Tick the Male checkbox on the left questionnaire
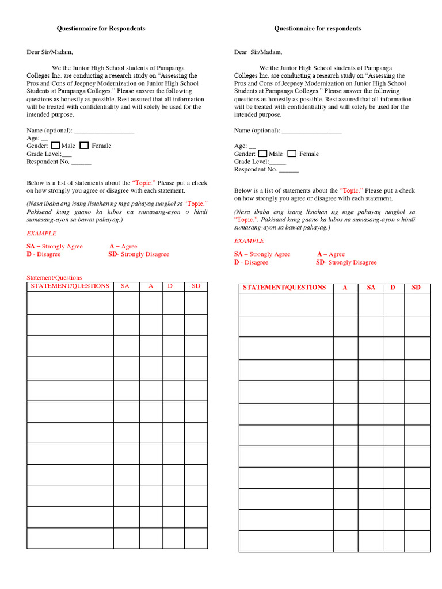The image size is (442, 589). (55, 146)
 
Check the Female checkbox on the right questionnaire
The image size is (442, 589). (292, 154)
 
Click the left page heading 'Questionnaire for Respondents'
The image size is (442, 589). (100, 28)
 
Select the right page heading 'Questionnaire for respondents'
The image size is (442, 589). (317, 28)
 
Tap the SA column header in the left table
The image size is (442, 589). (125, 286)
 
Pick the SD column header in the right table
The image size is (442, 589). (416, 288)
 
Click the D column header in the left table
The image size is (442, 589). (170, 286)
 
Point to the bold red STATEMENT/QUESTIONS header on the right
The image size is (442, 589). (284, 288)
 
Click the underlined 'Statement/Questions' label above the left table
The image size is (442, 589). (54, 277)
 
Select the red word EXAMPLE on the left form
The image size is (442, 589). (41, 233)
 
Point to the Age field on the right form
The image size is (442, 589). (244, 146)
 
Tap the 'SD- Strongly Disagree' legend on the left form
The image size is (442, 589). (139, 254)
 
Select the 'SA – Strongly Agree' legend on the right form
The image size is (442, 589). (262, 254)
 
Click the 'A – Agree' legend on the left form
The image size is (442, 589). (123, 246)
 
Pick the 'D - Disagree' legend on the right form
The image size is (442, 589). (251, 262)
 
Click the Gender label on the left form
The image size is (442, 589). (37, 146)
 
